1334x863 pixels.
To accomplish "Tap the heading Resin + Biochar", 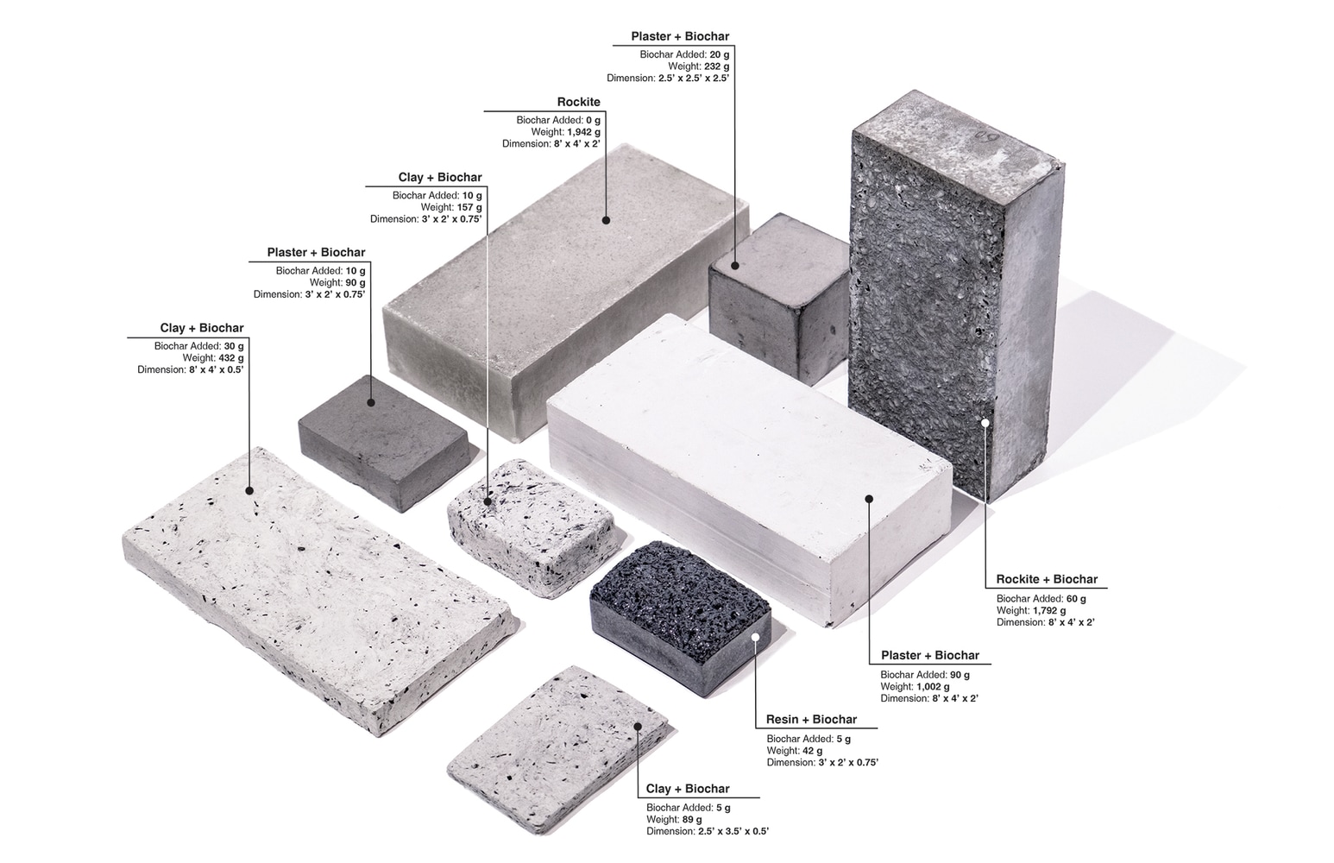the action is click(x=811, y=720).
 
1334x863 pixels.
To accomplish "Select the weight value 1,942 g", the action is click(x=583, y=132).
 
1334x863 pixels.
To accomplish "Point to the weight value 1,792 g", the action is click(x=1048, y=610).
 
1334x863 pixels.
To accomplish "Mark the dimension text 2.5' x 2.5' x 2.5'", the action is click(x=694, y=78).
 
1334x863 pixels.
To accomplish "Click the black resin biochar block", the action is click(x=680, y=618).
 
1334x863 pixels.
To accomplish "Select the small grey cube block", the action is click(x=779, y=298).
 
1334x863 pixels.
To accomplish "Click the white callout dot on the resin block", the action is click(x=755, y=637).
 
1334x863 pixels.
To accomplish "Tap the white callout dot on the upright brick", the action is click(x=985, y=423).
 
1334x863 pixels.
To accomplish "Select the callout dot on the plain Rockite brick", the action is click(x=606, y=220).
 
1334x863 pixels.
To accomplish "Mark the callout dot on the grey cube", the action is click(x=735, y=266).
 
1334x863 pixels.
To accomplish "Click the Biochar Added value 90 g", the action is click(x=960, y=675).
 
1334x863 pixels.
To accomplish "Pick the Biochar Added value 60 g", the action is click(x=1075, y=599).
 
